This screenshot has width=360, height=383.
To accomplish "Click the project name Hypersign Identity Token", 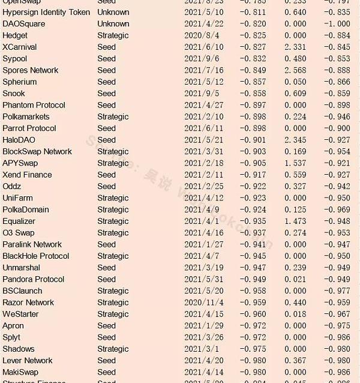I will [x=46, y=12].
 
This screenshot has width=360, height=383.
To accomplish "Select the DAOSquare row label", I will [x=24, y=24].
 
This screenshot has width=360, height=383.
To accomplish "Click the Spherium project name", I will [x=19, y=82].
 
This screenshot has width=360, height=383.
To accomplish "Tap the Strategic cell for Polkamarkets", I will [x=113, y=116].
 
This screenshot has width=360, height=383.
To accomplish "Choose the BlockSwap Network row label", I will [x=37, y=151].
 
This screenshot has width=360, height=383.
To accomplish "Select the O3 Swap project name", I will [x=19, y=233].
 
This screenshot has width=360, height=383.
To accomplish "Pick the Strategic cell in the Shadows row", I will [x=113, y=349].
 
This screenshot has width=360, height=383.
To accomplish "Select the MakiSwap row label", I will [x=20, y=372].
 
